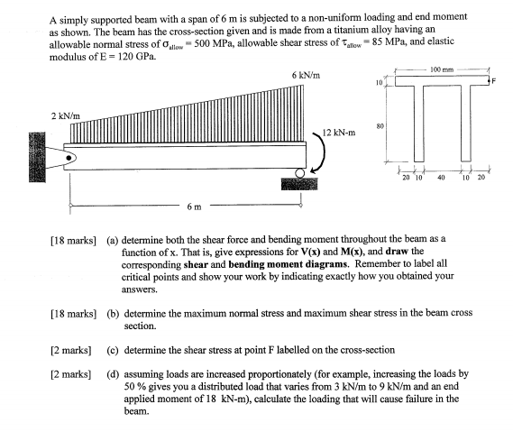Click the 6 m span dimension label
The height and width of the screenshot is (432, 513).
(x=194, y=207)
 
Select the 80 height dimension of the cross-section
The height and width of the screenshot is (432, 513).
(x=381, y=127)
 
